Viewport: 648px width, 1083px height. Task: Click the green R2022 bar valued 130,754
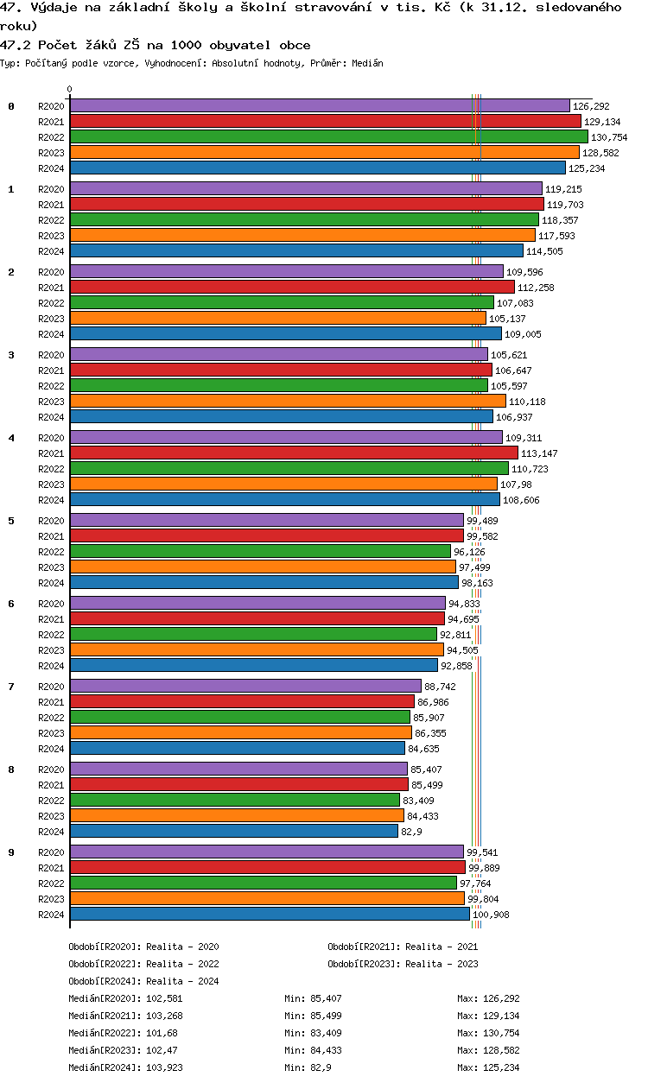328,136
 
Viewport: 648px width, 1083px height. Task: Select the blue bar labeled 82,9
233,831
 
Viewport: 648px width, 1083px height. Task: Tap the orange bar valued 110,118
287,401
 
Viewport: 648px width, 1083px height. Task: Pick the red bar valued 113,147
294,453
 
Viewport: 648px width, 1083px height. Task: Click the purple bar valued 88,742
245,686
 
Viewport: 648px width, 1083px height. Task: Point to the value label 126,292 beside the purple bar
591,106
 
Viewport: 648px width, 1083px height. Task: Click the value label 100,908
491,915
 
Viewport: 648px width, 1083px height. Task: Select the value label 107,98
514,484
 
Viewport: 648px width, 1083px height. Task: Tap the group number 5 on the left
11,521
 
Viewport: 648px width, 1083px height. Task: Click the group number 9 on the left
11,852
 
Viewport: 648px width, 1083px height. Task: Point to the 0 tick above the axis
70,89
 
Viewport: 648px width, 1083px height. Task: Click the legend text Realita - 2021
441,947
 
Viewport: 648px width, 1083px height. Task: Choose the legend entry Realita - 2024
182,981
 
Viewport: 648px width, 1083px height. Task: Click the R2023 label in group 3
51,402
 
